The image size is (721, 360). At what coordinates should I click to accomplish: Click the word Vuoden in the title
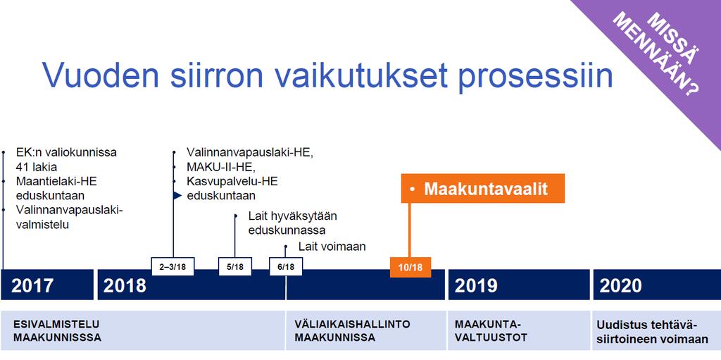101,75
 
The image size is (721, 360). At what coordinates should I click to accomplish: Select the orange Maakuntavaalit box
483,188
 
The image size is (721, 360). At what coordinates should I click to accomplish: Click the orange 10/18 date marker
410,268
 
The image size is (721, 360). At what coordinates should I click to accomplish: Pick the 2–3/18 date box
173,266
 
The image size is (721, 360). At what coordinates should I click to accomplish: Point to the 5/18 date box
234,266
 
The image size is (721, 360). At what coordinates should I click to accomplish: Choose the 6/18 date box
286,266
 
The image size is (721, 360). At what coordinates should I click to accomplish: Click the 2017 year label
32,286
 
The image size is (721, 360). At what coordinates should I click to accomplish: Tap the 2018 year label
125,286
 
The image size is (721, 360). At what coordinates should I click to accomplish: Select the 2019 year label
476,286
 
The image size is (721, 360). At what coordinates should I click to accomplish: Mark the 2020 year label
621,286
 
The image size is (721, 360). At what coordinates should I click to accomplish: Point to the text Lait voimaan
332,247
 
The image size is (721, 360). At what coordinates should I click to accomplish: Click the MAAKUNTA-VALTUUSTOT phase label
491,330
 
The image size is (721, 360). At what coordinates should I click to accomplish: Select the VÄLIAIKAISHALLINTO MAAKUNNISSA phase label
352,330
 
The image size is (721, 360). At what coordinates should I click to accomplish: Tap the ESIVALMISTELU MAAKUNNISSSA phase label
58,330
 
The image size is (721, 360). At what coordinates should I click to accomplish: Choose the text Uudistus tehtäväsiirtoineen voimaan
653,331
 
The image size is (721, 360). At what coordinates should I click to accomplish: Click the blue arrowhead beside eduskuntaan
177,196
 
